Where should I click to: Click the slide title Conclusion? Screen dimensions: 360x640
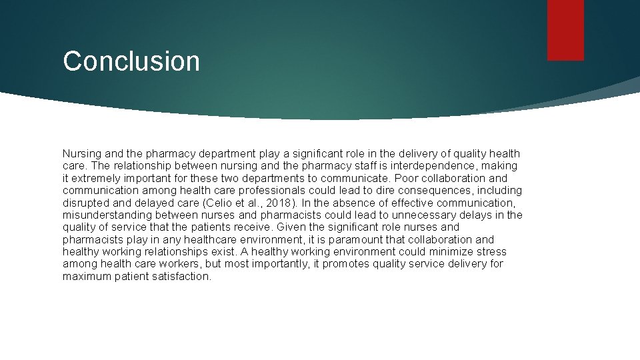tap(131, 61)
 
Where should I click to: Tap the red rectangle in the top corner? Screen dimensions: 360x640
tap(565, 30)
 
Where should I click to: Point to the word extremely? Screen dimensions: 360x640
tap(97, 178)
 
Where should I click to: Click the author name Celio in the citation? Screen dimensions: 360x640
tap(216, 203)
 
